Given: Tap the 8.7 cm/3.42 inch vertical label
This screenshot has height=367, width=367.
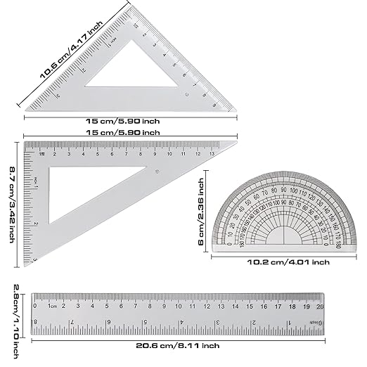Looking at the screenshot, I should point(12,203).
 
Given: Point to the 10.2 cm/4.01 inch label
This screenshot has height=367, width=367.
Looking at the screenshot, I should point(289,262).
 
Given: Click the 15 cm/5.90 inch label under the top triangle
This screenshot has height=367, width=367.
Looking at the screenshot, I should point(129,120).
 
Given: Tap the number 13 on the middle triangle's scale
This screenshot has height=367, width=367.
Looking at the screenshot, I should point(212,152).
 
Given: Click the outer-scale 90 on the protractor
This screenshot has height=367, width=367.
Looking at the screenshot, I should point(284,189).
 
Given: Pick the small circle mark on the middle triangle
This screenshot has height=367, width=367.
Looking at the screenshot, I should point(157,171).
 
